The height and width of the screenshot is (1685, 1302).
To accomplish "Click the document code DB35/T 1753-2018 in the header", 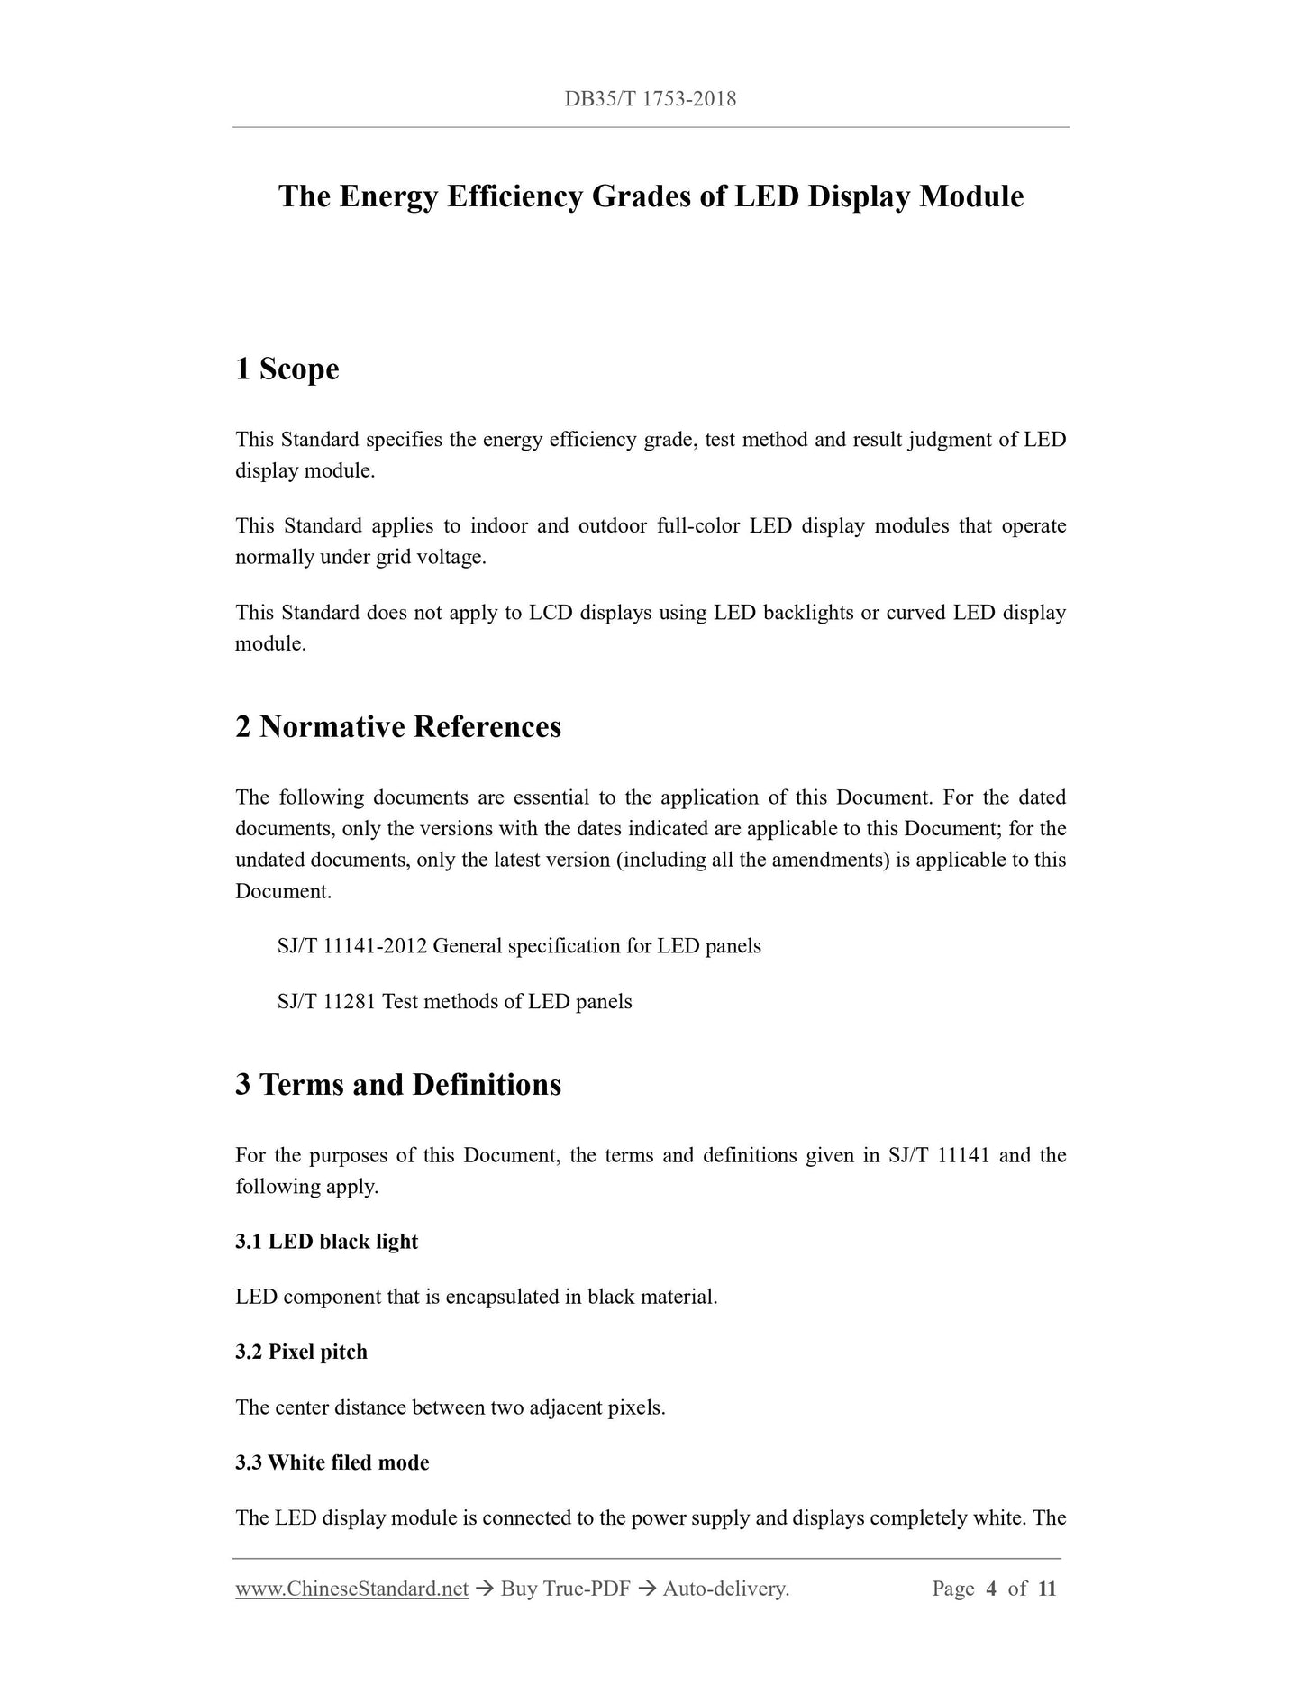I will [650, 99].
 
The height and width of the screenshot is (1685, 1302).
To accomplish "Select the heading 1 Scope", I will [287, 369].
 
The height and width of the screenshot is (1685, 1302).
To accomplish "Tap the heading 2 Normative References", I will [397, 726].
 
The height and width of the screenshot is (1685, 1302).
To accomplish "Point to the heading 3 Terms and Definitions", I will [397, 1084].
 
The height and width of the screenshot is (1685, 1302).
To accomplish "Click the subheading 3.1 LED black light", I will [326, 1242].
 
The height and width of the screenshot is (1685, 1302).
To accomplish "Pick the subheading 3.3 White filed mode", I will [332, 1462].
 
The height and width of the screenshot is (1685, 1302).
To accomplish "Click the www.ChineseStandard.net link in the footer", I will [351, 1589].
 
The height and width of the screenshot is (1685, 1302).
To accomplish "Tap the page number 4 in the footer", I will [991, 1589].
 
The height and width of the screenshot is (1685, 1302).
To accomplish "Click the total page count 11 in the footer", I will [1046, 1589].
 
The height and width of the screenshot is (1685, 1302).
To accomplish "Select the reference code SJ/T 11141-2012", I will [352, 946].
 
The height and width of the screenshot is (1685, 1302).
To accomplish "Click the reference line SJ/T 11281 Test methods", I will [454, 1002].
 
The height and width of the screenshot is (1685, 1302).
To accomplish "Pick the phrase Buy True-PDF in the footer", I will [565, 1589].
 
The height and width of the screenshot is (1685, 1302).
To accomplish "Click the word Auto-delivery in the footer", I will [724, 1589].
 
